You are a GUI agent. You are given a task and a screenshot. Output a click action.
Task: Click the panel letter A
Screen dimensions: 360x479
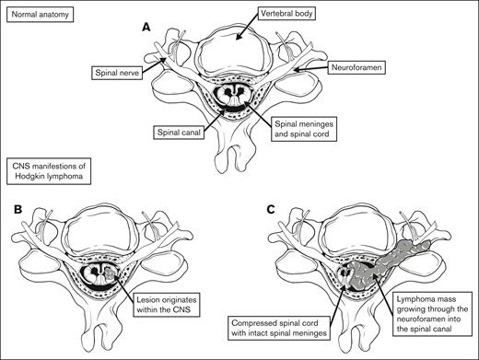click(144, 28)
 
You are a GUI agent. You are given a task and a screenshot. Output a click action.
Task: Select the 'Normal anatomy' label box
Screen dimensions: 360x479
click(39, 17)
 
